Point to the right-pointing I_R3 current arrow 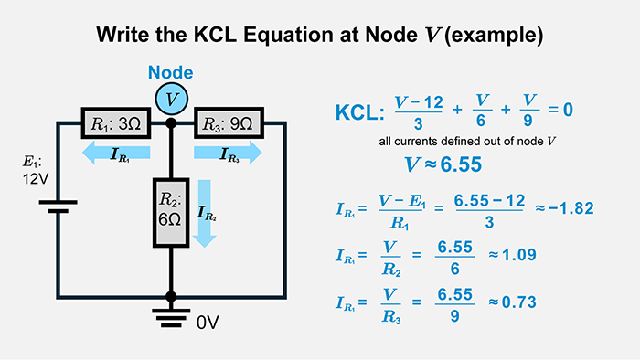click(x=229, y=154)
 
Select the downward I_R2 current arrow click(x=206, y=213)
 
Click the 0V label click(x=208, y=322)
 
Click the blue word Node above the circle click(x=171, y=73)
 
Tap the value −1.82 click(x=571, y=208)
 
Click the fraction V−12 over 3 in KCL click(x=418, y=111)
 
